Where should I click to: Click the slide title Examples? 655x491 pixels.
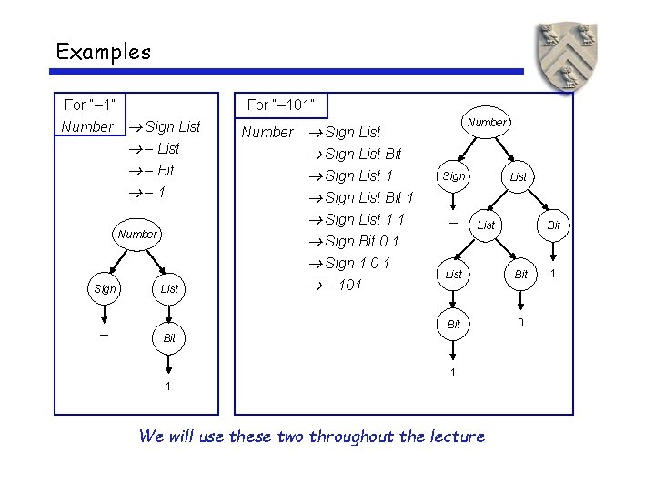[x=103, y=52]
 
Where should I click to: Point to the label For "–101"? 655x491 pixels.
[x=281, y=105]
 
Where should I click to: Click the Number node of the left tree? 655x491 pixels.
[x=137, y=234]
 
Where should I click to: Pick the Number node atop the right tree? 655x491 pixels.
[x=487, y=122]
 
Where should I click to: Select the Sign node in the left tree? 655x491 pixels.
[x=105, y=288]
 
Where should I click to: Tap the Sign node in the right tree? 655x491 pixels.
[x=453, y=176]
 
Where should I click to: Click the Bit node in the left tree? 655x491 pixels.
[x=169, y=337]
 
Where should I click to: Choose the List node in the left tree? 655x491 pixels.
[x=169, y=288]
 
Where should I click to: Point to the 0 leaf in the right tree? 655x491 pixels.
[x=520, y=322]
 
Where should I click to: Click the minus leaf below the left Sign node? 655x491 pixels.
[x=104, y=334]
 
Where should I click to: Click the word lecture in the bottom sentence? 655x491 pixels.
[x=452, y=436]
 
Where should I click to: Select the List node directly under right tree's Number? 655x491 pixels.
[x=518, y=176]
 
